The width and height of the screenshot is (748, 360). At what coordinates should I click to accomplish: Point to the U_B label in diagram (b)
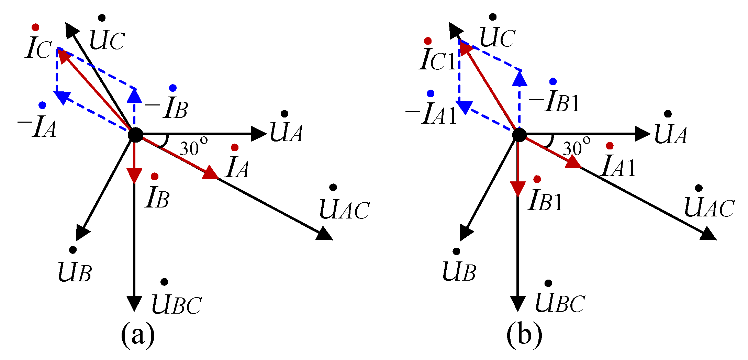(459, 270)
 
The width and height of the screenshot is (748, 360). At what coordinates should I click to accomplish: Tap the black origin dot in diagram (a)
(135, 135)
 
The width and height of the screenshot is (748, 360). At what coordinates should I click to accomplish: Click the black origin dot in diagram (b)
(519, 135)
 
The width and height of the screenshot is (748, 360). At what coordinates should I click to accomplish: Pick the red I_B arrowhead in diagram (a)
(134, 175)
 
